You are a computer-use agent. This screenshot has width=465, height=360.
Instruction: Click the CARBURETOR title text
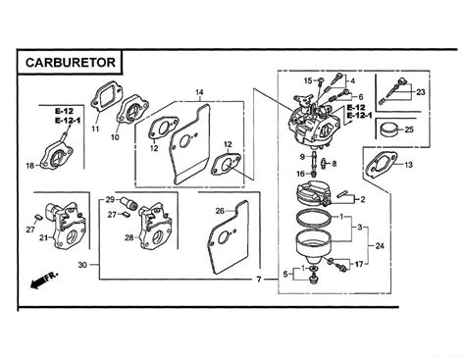71,62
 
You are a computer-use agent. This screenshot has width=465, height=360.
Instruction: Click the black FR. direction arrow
38,283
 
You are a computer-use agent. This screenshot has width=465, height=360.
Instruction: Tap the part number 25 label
409,129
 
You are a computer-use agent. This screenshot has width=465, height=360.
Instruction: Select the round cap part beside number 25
390,129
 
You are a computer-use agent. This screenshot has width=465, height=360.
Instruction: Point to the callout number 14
199,92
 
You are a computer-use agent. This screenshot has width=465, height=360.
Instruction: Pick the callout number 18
30,166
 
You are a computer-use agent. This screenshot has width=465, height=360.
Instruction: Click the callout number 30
82,265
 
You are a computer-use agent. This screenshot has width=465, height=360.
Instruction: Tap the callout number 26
220,211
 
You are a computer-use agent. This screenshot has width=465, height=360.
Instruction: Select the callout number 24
380,245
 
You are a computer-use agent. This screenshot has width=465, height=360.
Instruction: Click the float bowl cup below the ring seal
314,247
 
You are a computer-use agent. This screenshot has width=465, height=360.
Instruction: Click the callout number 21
43,237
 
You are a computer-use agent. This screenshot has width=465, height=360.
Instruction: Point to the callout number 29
110,199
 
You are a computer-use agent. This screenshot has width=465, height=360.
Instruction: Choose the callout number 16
301,174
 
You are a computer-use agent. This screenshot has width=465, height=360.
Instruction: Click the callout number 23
421,92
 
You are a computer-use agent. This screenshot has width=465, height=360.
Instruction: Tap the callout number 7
259,280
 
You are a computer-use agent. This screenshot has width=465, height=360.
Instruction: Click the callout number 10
115,137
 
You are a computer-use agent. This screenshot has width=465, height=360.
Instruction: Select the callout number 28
129,237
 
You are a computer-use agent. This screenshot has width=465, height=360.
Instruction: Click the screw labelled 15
321,79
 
